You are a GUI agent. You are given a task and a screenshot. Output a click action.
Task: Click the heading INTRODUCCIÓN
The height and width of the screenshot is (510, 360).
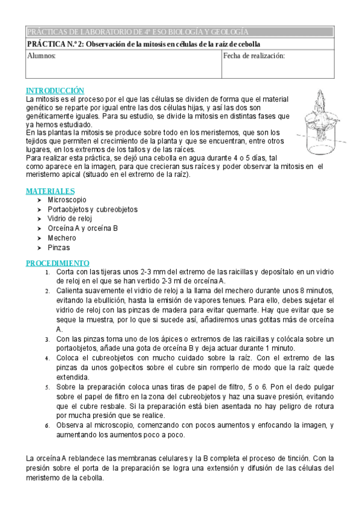(55, 90)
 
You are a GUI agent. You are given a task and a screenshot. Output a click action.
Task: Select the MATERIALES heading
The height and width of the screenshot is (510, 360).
(50, 191)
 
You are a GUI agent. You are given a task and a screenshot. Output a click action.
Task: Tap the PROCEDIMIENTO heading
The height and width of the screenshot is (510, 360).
(57, 263)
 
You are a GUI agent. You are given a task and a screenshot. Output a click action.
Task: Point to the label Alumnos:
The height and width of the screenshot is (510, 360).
(41, 56)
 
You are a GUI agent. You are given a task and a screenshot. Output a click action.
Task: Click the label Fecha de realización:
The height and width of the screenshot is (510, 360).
(254, 56)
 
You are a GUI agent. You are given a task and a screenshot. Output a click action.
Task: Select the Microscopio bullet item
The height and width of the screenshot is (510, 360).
(67, 200)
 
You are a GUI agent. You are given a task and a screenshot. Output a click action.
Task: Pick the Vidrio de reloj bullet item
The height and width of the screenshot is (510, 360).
(70, 219)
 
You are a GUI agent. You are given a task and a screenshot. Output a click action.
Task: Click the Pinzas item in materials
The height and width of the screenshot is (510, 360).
(58, 248)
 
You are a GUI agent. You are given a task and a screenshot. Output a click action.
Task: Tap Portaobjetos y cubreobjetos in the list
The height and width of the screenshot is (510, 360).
(93, 209)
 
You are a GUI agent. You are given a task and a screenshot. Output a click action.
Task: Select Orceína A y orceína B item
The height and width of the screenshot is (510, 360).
(82, 229)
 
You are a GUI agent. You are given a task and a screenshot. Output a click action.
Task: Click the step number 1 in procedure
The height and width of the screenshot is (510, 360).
(47, 272)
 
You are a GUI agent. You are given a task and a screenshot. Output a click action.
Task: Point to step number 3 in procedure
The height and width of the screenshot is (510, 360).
(47, 339)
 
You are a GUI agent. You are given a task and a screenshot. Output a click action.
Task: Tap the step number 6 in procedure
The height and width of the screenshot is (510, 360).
(47, 425)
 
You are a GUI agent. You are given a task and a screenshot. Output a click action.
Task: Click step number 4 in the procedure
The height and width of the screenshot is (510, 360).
(47, 358)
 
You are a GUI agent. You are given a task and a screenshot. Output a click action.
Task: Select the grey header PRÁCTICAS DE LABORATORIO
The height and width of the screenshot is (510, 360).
(138, 32)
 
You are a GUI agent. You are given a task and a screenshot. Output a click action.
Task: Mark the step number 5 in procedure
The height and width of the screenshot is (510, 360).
(47, 387)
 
